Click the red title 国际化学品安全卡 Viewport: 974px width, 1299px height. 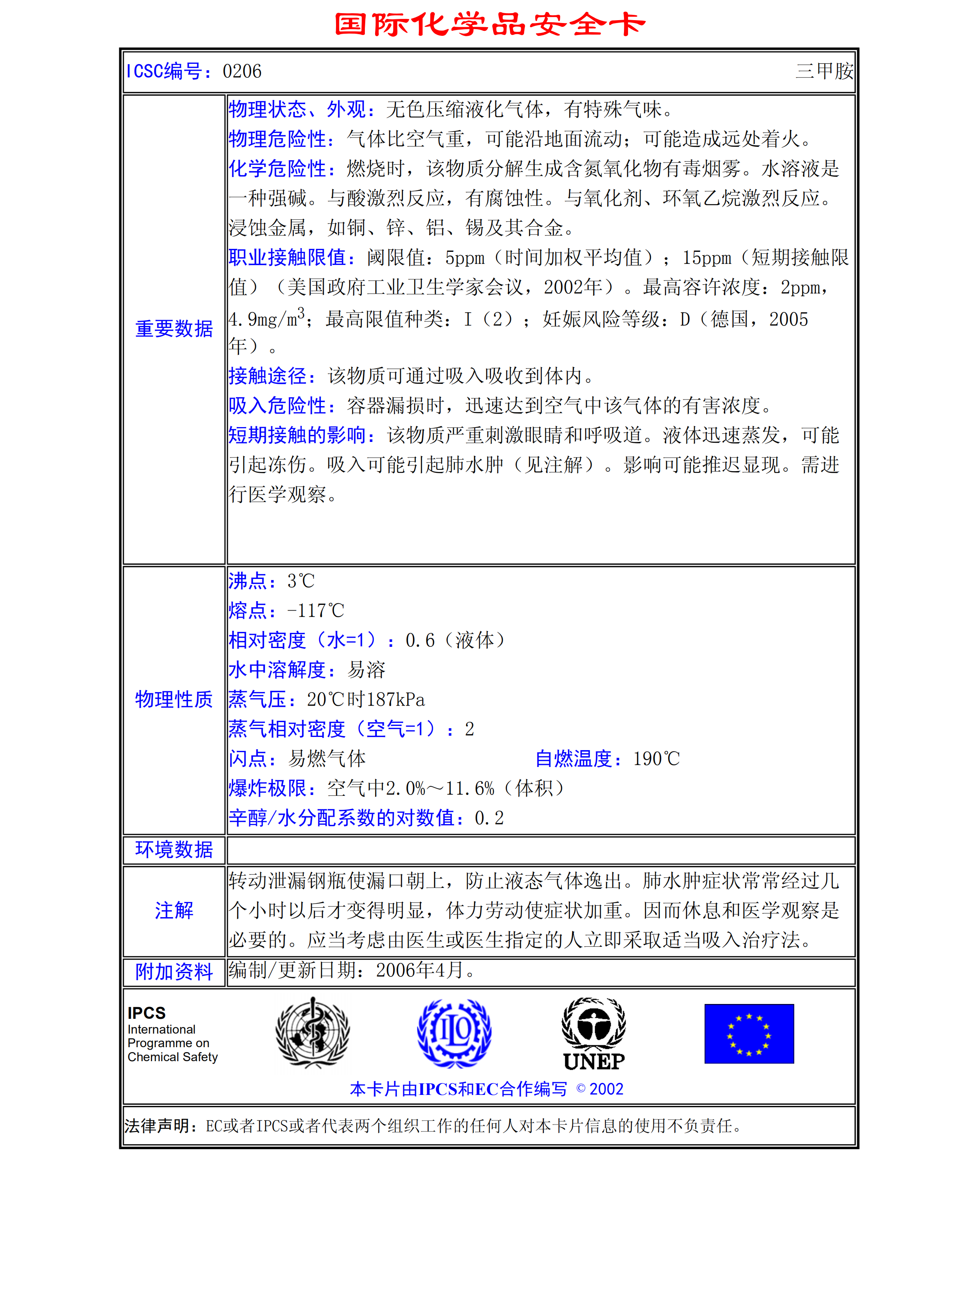[489, 25]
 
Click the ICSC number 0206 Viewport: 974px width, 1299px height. [242, 72]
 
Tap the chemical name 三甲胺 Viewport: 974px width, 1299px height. [824, 72]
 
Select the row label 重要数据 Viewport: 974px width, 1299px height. [174, 329]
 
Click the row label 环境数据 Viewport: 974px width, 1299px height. [174, 850]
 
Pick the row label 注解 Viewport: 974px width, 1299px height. [174, 910]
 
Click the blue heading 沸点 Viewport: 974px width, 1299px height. [248, 581]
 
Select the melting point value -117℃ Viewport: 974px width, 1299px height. [315, 611]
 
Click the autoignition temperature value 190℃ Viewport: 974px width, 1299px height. [656, 759]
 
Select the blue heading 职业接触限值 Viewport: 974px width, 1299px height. [291, 257]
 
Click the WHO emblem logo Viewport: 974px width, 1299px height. [312, 1033]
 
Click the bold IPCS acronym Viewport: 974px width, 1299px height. [147, 1013]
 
